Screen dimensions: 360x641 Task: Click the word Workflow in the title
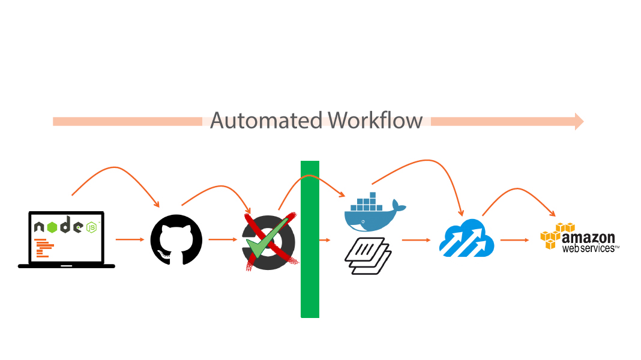click(376, 121)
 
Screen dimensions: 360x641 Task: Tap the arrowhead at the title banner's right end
click(579, 121)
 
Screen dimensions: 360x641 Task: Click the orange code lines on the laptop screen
click(43, 247)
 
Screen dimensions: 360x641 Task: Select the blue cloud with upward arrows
click(466, 238)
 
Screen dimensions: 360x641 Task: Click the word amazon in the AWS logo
click(589, 238)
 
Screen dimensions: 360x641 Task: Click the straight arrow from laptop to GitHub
click(130, 239)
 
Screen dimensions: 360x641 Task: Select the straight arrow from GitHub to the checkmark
click(223, 239)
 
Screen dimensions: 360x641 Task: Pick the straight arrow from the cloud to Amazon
click(514, 240)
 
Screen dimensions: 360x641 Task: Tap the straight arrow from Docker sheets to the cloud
click(416, 240)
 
